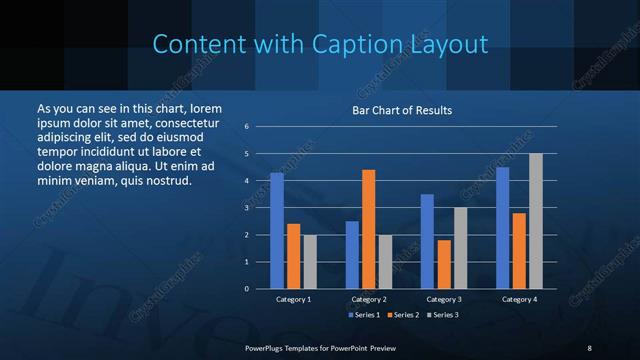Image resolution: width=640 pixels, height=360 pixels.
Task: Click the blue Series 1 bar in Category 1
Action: pyautogui.click(x=277, y=231)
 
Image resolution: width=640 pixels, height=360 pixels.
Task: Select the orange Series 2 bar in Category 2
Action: pyautogui.click(x=369, y=229)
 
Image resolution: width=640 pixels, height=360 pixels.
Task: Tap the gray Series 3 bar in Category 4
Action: pyautogui.click(x=536, y=221)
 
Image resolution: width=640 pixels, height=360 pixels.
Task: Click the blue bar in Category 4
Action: pyautogui.click(x=503, y=228)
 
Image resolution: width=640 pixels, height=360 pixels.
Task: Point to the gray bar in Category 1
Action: pyautogui.click(x=310, y=262)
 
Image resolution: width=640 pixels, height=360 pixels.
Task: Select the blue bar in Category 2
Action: pyautogui.click(x=352, y=255)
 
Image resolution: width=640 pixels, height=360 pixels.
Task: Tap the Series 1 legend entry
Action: pyautogui.click(x=364, y=315)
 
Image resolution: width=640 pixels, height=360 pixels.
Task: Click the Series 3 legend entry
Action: pyautogui.click(x=444, y=315)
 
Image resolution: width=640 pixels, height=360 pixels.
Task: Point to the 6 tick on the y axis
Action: pyautogui.click(x=247, y=127)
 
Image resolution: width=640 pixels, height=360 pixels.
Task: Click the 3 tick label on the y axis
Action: pyautogui.click(x=247, y=208)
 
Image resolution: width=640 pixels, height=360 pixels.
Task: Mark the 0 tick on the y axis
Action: pyautogui.click(x=247, y=289)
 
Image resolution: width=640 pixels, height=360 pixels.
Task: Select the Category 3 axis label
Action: pyautogui.click(x=443, y=299)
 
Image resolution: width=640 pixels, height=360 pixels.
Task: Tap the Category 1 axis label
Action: pyautogui.click(x=293, y=299)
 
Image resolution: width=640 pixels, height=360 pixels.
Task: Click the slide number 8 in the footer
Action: pyautogui.click(x=589, y=347)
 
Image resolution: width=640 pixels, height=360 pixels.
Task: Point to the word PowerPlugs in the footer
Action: pyautogui.click(x=269, y=347)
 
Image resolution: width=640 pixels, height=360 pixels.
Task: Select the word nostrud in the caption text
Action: pyautogui.click(x=167, y=181)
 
